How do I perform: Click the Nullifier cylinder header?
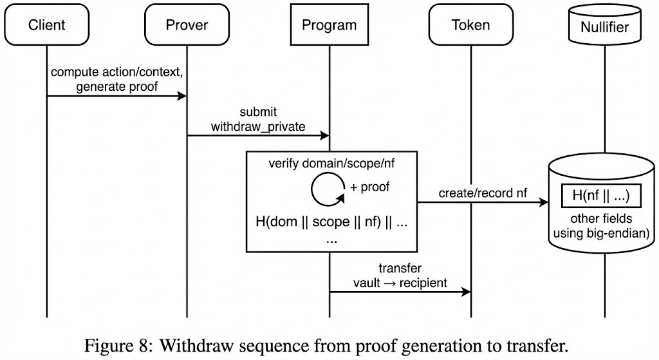coord(605,27)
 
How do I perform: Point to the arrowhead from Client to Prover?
coord(181,97)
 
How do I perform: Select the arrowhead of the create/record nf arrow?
coord(543,202)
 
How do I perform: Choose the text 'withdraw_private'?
coord(257,126)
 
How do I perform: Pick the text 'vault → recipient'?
coord(400,283)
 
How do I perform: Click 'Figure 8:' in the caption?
coord(116,345)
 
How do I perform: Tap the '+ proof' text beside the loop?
coord(369,187)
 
